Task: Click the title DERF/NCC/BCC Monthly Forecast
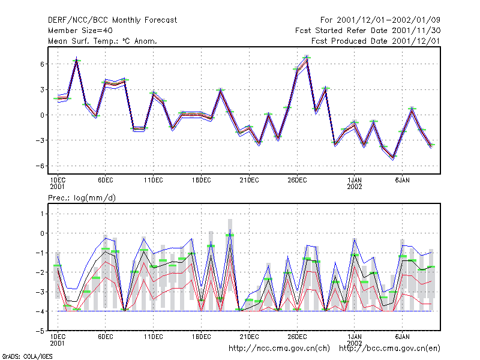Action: [x=112, y=20]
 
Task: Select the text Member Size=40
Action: [x=80, y=31]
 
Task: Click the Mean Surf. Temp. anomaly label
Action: [x=103, y=41]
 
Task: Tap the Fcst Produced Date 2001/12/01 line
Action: [x=376, y=41]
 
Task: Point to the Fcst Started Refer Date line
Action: [x=368, y=31]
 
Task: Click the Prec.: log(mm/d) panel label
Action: [x=82, y=198]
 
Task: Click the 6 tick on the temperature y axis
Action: [x=42, y=64]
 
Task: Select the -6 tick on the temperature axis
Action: [x=40, y=166]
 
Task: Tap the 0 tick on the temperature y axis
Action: [x=42, y=115]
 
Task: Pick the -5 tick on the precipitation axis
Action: [x=40, y=331]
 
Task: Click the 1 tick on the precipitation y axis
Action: [x=42, y=214]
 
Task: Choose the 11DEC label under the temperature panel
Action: [x=154, y=181]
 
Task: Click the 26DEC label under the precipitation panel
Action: [x=297, y=337]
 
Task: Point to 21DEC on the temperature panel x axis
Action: [x=249, y=181]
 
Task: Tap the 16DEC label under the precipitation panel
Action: [x=202, y=337]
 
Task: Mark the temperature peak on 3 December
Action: [x=77, y=57]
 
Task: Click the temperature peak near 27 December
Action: [x=307, y=56]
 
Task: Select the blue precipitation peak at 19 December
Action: [x=230, y=229]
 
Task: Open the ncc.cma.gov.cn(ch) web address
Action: [x=279, y=349]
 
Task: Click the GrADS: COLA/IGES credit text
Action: [x=27, y=356]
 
